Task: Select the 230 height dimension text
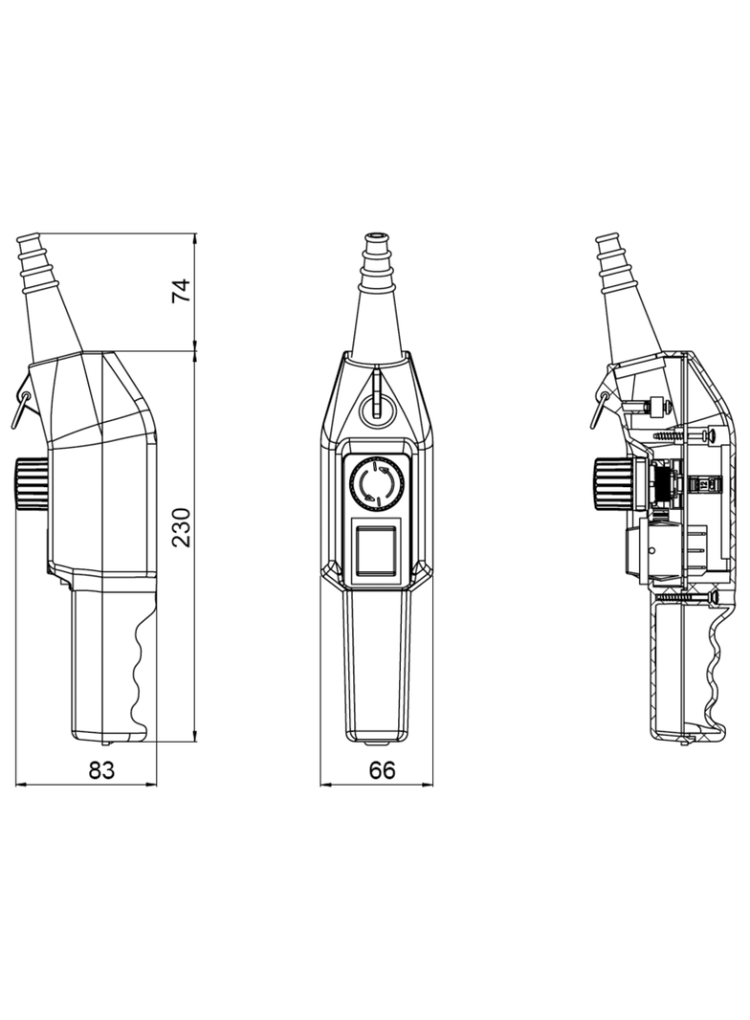182,527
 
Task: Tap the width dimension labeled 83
101,769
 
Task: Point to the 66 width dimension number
382,769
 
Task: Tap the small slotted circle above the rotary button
376,406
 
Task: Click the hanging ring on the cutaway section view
599,406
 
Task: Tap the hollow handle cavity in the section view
679,670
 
